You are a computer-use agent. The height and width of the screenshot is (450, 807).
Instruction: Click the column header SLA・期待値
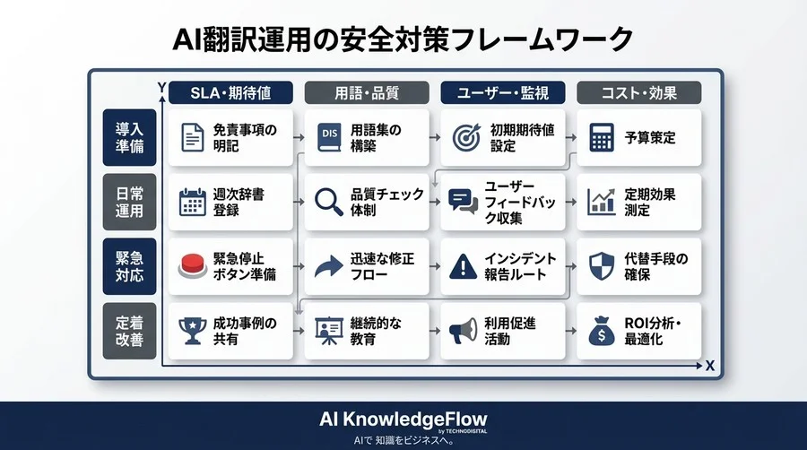coord(231,91)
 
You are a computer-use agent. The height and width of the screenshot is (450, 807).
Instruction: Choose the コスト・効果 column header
coord(638,91)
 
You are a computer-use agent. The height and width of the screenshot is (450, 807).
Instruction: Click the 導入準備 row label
coord(129,137)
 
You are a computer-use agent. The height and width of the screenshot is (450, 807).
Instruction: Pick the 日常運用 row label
coord(129,203)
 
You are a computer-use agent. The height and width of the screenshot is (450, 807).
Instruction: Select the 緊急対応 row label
coord(129,266)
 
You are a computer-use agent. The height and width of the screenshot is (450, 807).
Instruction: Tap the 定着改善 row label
coord(129,331)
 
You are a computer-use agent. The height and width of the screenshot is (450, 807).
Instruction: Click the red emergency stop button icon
coord(193,265)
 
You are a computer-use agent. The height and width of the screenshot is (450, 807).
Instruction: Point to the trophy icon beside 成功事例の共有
coord(193,330)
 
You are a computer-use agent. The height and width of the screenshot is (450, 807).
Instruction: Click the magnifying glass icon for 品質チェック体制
coord(329,202)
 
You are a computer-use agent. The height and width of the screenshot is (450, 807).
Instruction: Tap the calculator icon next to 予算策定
coord(601,137)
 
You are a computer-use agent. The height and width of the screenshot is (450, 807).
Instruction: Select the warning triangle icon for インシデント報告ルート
coord(464,266)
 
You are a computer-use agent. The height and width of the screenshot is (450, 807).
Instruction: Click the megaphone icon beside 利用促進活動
coord(464,330)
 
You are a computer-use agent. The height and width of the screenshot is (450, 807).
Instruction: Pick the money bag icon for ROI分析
coord(600,331)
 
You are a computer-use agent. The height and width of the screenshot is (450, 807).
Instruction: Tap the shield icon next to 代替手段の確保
coord(600,266)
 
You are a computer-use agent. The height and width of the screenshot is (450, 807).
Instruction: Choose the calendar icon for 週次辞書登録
coord(193,202)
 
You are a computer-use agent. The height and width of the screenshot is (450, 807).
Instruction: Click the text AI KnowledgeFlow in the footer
coord(403,420)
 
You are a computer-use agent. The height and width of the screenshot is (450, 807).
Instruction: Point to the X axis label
coord(709,366)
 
